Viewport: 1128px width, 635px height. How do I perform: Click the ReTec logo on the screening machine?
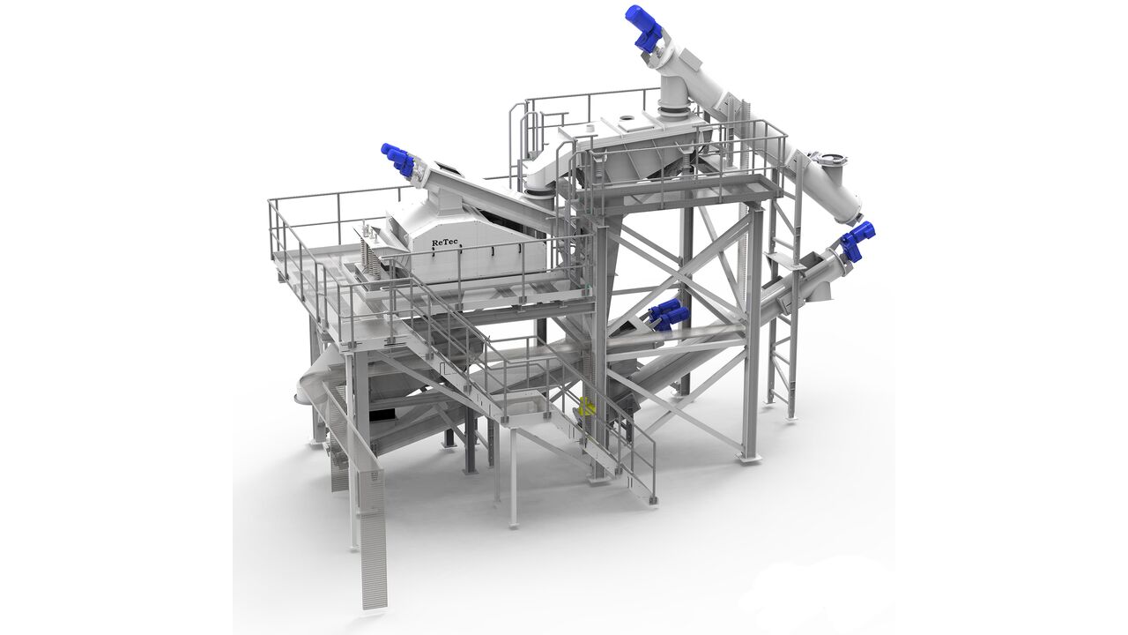point(445,243)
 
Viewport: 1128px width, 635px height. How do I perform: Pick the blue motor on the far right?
point(857,241)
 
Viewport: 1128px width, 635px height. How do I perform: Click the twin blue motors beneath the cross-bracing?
point(664,313)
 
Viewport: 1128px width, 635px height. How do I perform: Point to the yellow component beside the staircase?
point(586,407)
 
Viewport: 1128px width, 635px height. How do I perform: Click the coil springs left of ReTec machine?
point(368,250)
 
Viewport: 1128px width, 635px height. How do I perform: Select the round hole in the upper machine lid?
point(627,118)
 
